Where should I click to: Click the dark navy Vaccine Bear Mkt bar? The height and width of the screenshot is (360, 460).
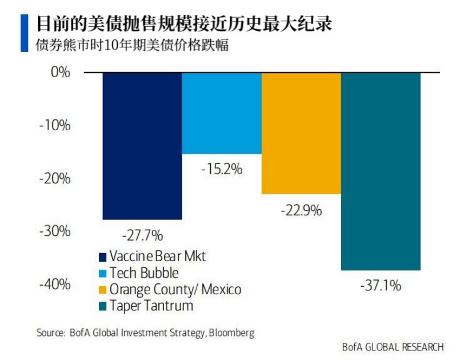coord(142,146)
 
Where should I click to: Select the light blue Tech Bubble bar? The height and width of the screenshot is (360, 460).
coord(222,113)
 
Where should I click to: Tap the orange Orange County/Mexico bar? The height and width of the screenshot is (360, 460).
coord(301,133)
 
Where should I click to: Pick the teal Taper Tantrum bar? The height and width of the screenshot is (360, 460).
coord(381,171)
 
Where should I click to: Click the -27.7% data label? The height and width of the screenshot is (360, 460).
coord(142,235)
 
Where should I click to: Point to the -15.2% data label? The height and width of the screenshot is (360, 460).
coord(222,170)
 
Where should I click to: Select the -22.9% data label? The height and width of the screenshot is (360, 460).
coord(301,210)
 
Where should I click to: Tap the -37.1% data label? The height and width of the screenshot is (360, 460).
coord(381,285)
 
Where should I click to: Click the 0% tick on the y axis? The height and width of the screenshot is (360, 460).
coord(59,73)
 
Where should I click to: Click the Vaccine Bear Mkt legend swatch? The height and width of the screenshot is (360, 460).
coord(103,257)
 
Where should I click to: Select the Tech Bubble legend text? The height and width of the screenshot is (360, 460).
coord(144,273)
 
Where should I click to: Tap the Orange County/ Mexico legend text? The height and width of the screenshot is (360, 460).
coord(175,289)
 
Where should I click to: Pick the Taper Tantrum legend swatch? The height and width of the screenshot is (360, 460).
coord(103,306)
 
